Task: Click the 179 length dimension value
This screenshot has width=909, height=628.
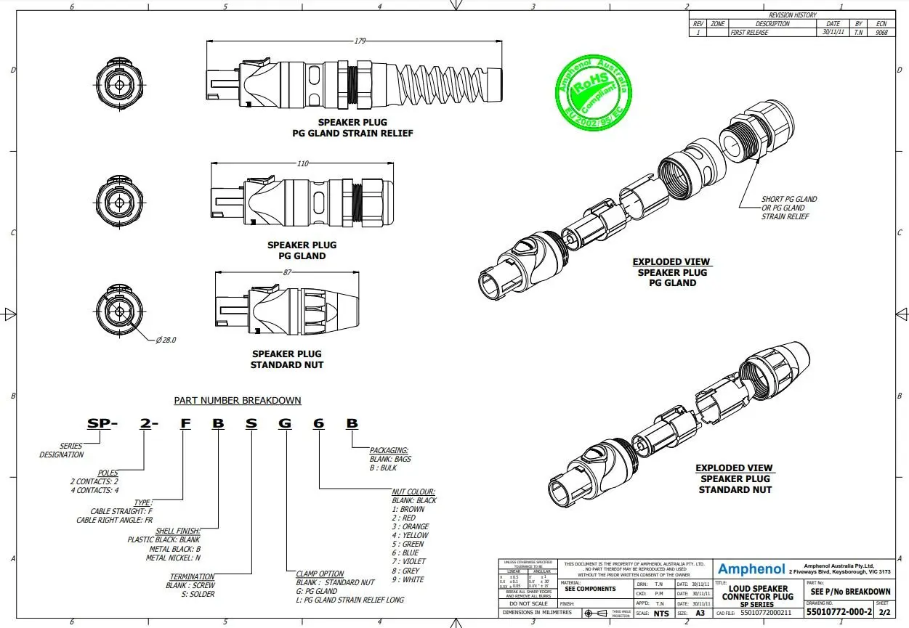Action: [x=360, y=41]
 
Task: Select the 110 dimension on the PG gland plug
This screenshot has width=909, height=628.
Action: [x=303, y=163]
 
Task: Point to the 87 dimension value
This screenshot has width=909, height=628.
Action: [x=288, y=272]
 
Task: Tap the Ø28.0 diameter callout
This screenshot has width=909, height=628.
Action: [x=166, y=340]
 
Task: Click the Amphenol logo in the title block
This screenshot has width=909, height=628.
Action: [x=751, y=569]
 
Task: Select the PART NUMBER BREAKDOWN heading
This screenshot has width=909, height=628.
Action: [x=237, y=400]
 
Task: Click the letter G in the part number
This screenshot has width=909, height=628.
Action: [x=286, y=424]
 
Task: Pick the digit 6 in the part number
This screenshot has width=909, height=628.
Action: [x=318, y=424]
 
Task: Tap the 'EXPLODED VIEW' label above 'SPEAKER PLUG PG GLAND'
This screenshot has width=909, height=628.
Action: [x=671, y=262]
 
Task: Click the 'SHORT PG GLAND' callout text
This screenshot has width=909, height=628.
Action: [x=789, y=199]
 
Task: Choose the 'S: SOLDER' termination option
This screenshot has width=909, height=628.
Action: [x=190, y=594]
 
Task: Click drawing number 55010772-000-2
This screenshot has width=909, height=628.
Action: [x=839, y=613]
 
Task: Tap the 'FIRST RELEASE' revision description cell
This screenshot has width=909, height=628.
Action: [x=748, y=33]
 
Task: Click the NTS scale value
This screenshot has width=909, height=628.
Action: [x=660, y=613]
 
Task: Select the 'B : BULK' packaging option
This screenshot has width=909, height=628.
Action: [x=383, y=468]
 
